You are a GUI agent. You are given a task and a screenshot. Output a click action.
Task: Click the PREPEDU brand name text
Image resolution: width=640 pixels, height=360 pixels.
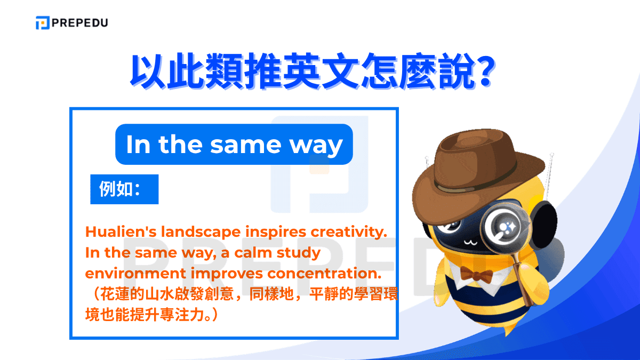81,23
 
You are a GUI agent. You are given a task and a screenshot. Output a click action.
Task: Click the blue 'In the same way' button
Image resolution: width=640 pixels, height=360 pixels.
234,145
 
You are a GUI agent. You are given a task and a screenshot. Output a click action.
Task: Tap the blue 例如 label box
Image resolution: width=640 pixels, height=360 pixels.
124,189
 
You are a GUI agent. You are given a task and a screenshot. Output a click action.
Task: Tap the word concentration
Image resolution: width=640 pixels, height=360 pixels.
325,274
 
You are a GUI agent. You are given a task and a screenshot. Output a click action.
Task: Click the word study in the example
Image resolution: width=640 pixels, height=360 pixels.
298,253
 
